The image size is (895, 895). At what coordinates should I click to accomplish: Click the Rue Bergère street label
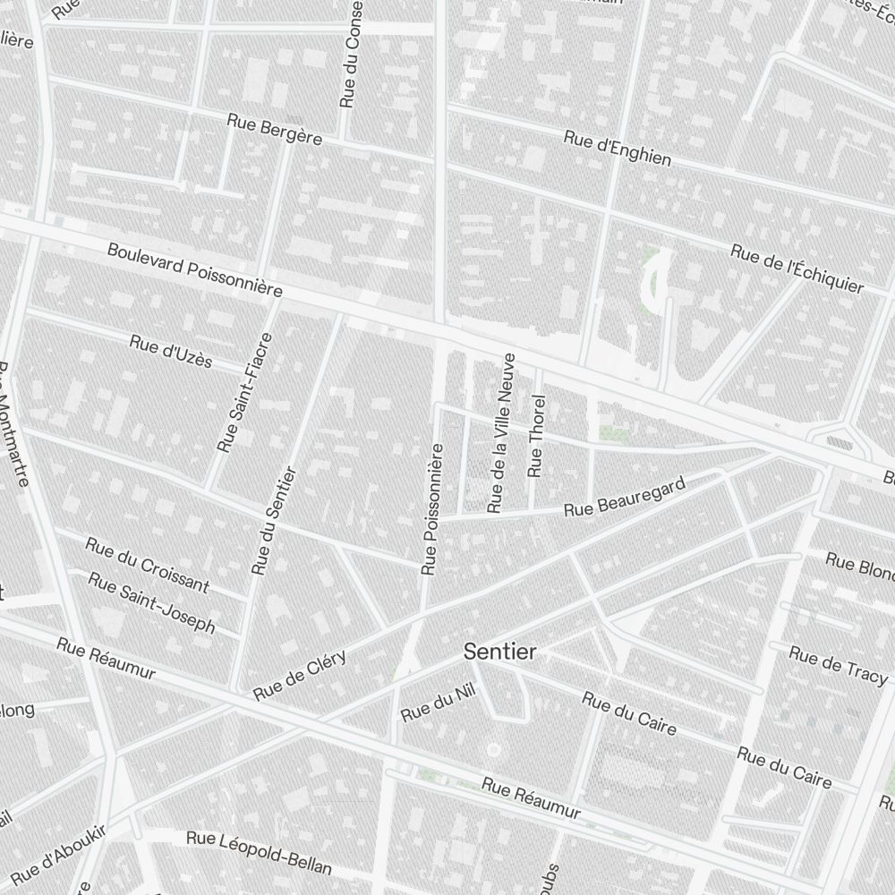274,130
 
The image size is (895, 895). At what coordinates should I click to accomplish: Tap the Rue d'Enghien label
618,149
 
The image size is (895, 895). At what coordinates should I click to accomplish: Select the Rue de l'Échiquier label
797,268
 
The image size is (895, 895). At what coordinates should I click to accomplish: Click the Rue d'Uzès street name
171,351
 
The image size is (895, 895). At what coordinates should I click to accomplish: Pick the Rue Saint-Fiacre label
244,392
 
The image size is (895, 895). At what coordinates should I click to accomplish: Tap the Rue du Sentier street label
274,520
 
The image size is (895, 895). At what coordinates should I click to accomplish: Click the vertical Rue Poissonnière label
432,507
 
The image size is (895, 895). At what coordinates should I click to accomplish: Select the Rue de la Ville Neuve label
501,433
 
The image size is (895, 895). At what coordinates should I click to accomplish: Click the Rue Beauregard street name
625,497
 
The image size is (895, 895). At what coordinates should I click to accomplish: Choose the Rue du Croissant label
147,565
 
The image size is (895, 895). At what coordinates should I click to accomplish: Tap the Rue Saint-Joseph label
152,603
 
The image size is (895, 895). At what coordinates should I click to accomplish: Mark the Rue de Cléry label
299,677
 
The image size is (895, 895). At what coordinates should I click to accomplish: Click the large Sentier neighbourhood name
500,652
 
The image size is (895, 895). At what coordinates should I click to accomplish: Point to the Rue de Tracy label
838,667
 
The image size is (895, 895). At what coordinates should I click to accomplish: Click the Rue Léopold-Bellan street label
259,852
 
